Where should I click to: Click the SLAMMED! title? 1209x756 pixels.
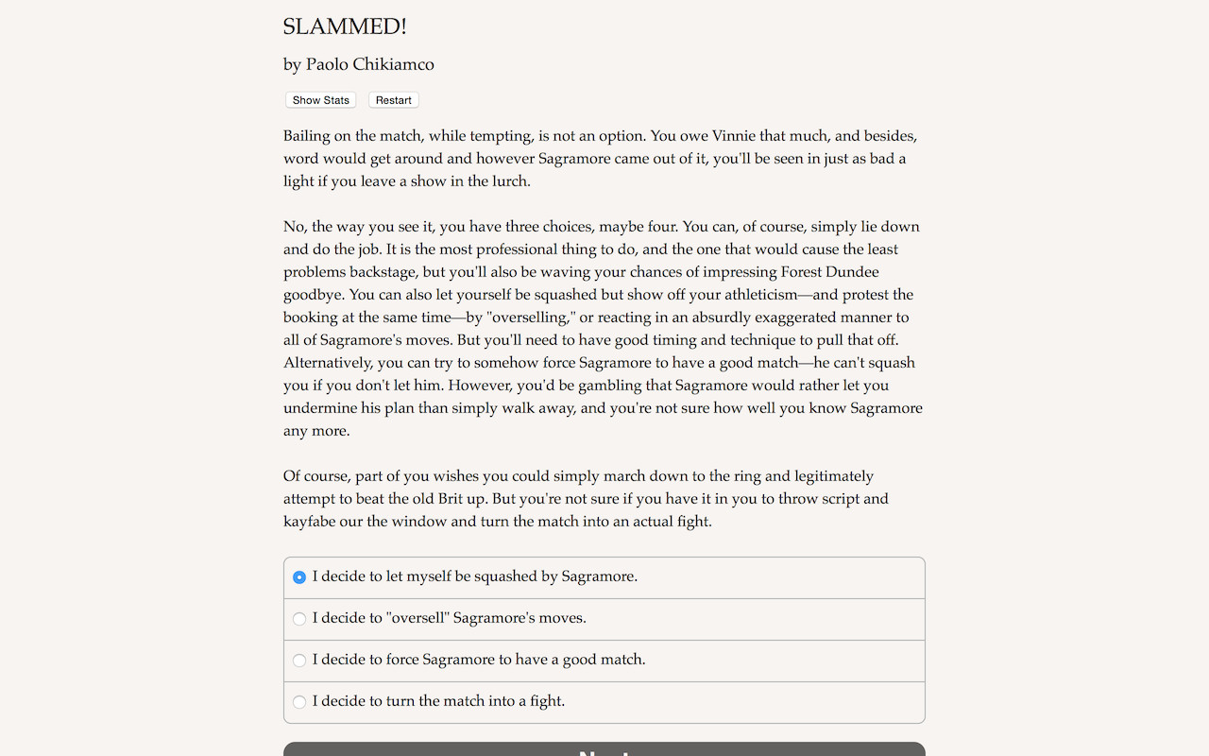[345, 27]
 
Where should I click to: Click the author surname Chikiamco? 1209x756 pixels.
[393, 64]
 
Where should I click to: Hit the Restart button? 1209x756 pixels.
[393, 100]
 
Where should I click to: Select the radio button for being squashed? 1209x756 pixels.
[299, 577]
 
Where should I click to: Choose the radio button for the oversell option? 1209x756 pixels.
[299, 619]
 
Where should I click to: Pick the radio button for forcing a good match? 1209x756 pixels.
[299, 661]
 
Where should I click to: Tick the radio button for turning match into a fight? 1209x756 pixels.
[299, 702]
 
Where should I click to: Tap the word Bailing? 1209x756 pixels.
[308, 136]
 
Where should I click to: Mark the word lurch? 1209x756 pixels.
[510, 181]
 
